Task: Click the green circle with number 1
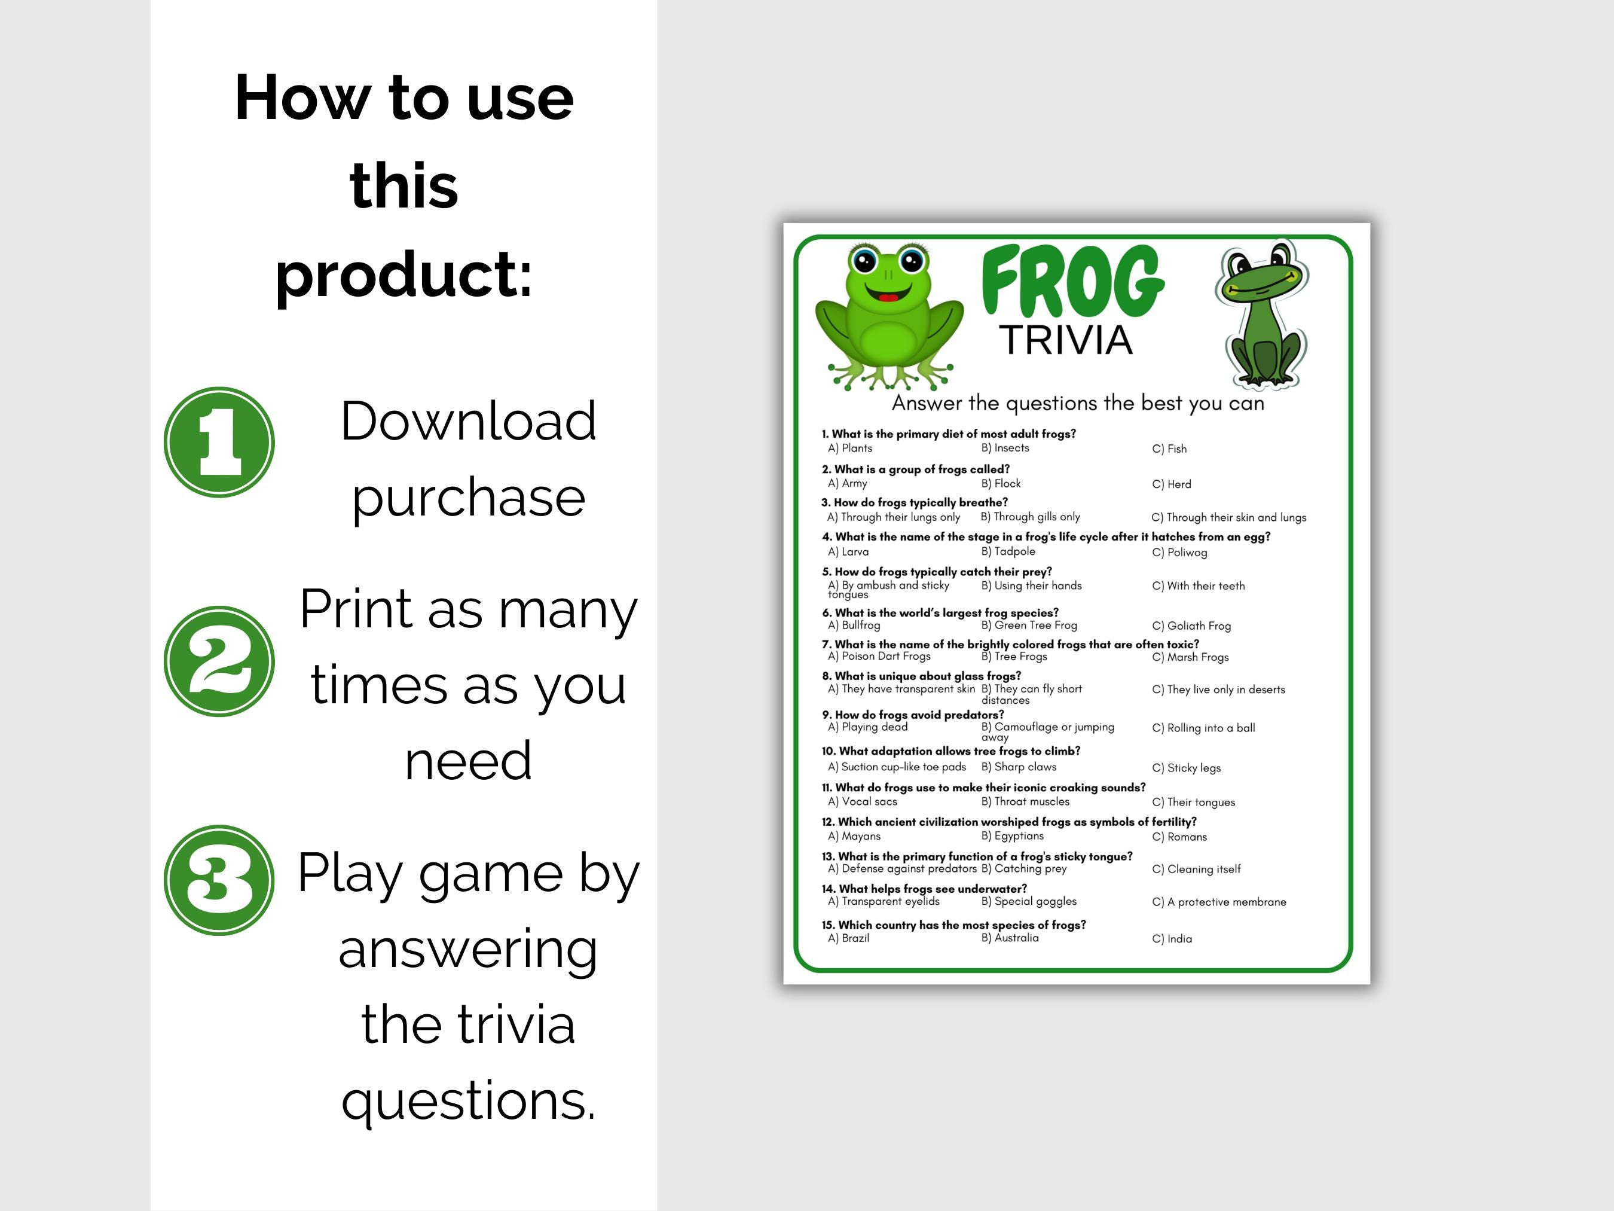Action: pyautogui.click(x=219, y=443)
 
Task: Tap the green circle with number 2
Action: pyautogui.click(x=219, y=661)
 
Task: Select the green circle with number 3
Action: pyautogui.click(x=219, y=880)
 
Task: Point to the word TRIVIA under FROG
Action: pyautogui.click(x=1065, y=340)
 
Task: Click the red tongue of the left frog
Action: pyautogui.click(x=888, y=297)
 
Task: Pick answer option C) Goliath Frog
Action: pyautogui.click(x=1191, y=626)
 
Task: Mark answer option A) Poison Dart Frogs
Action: pyautogui.click(x=879, y=656)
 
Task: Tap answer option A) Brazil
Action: pyautogui.click(x=849, y=938)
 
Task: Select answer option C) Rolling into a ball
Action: pyautogui.click(x=1204, y=728)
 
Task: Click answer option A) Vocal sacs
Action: pyautogui.click(x=863, y=801)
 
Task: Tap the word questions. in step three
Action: pyautogui.click(x=469, y=1099)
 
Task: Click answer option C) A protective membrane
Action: pyautogui.click(x=1219, y=902)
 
